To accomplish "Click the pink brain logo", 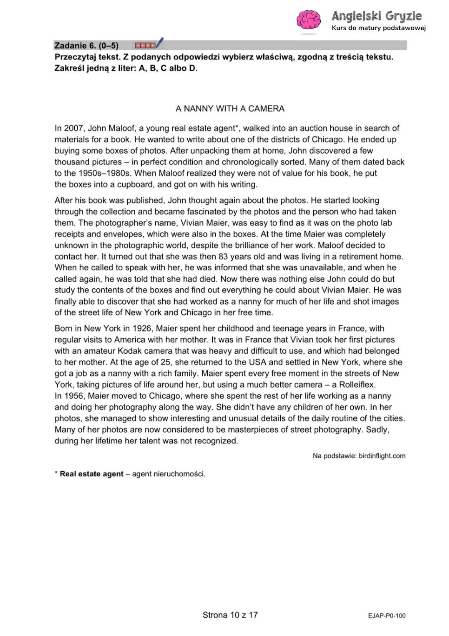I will [309, 20].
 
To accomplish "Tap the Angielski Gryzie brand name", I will [376, 16].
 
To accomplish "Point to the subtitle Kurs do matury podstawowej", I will [378, 28].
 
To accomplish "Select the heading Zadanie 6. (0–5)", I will [86, 45].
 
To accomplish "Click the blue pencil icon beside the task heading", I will [159, 43].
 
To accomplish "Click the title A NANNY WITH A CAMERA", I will [230, 109].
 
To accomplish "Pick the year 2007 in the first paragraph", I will [73, 129].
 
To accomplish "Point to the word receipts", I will [71, 234].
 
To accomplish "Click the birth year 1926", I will [142, 329].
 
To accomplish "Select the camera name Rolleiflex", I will [357, 385].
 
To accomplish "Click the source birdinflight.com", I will [382, 456].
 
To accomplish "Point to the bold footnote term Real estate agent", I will [92, 474].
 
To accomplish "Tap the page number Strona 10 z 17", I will [230, 615].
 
